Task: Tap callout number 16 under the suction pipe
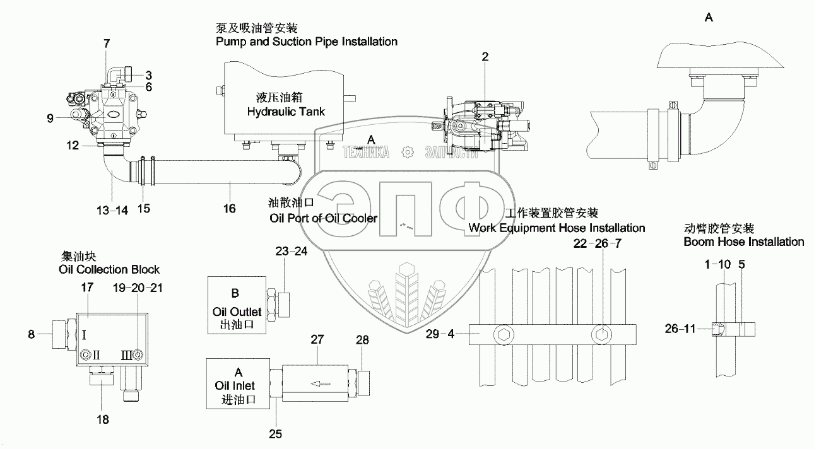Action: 230,207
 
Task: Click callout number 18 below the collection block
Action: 102,419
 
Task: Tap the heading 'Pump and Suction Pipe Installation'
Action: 306,42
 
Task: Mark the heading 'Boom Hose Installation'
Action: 743,242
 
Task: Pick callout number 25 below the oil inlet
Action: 275,434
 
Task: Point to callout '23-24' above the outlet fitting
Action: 291,251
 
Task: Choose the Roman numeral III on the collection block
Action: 126,356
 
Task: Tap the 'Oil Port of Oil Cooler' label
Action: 323,218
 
